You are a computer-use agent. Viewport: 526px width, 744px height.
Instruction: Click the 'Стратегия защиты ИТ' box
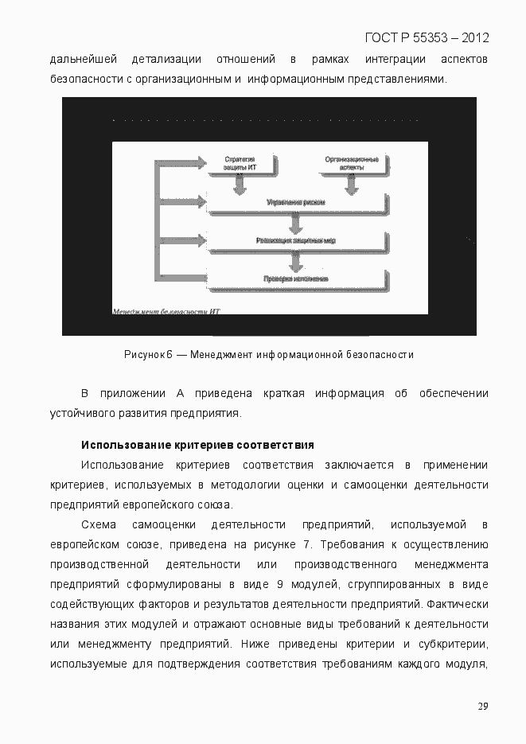238,164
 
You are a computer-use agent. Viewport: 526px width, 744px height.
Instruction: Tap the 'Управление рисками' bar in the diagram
295,203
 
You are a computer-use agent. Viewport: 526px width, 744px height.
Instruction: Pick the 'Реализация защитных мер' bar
295,240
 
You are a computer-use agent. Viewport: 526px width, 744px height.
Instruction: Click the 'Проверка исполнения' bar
295,279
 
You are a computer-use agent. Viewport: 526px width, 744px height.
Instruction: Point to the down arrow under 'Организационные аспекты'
349,185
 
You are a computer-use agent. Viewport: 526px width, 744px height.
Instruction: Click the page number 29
482,706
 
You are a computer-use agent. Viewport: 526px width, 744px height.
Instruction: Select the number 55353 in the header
426,37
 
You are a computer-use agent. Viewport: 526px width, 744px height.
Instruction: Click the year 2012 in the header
474,37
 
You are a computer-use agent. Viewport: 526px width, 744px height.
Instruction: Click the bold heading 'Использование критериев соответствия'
197,445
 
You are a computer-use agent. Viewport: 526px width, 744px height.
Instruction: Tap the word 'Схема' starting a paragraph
99,524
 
